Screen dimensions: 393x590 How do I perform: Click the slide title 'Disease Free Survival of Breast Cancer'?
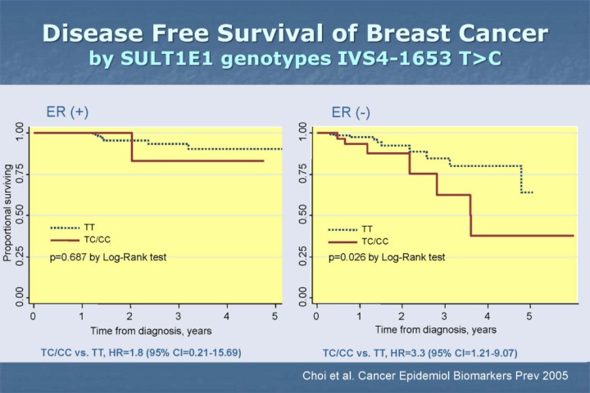pos(294,34)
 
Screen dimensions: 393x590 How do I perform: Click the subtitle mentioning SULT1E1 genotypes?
pos(294,59)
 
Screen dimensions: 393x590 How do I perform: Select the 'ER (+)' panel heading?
pos(68,112)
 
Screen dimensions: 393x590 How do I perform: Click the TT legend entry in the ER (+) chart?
pos(88,228)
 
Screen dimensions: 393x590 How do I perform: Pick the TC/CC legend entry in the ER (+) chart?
pos(97,240)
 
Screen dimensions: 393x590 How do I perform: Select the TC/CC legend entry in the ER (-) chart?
pos(375,242)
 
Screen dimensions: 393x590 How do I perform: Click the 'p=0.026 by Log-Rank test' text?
pos(387,257)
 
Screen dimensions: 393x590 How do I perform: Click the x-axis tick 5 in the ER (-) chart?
pos(529,314)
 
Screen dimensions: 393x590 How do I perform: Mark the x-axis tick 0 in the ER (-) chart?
pos(317,314)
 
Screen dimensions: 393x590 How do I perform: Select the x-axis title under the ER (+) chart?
pos(154,330)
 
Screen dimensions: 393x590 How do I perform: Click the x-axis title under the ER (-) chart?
pos(435,329)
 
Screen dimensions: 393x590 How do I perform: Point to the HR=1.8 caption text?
pos(141,352)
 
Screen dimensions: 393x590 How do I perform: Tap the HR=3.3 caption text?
pos(420,353)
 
